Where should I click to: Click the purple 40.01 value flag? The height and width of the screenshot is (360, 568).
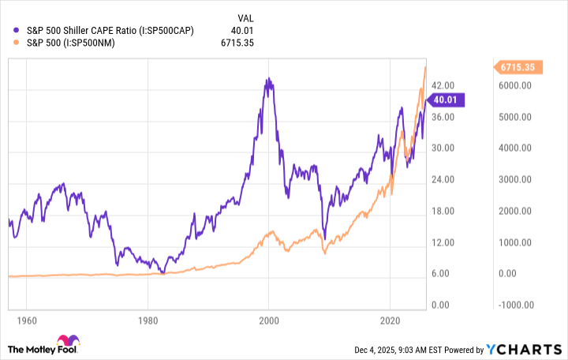click(x=449, y=99)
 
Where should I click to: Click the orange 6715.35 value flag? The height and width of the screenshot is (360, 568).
click(x=517, y=68)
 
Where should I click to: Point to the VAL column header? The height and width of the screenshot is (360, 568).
click(x=245, y=17)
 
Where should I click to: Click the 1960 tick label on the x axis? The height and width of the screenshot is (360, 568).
click(x=26, y=322)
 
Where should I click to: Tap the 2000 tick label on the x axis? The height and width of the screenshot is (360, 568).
click(x=268, y=322)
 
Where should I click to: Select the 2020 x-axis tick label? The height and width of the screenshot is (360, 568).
click(x=390, y=322)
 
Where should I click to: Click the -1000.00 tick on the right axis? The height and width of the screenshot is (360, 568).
click(x=518, y=306)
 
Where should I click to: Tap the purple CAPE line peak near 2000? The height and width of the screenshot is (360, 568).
click(x=268, y=79)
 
